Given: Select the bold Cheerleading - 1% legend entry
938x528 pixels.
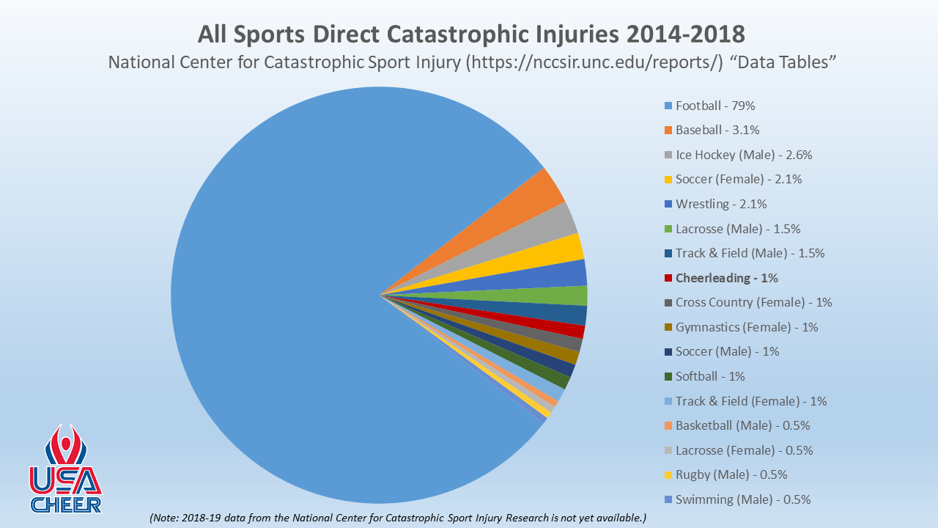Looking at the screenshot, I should coord(726,278).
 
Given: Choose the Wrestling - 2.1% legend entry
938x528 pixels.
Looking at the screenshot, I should coord(721,204).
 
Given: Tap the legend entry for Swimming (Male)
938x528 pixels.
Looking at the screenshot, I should coord(742,499).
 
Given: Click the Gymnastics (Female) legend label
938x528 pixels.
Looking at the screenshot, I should coord(746,327).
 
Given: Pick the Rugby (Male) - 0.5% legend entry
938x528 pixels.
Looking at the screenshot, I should coord(731,474).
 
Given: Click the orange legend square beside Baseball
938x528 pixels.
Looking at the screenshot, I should coord(668,131).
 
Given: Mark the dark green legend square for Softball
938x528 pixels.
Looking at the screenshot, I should coord(668,376).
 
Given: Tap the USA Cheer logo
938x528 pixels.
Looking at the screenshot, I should coord(65,469).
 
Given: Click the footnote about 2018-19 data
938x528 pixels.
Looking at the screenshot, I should coord(397,518).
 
